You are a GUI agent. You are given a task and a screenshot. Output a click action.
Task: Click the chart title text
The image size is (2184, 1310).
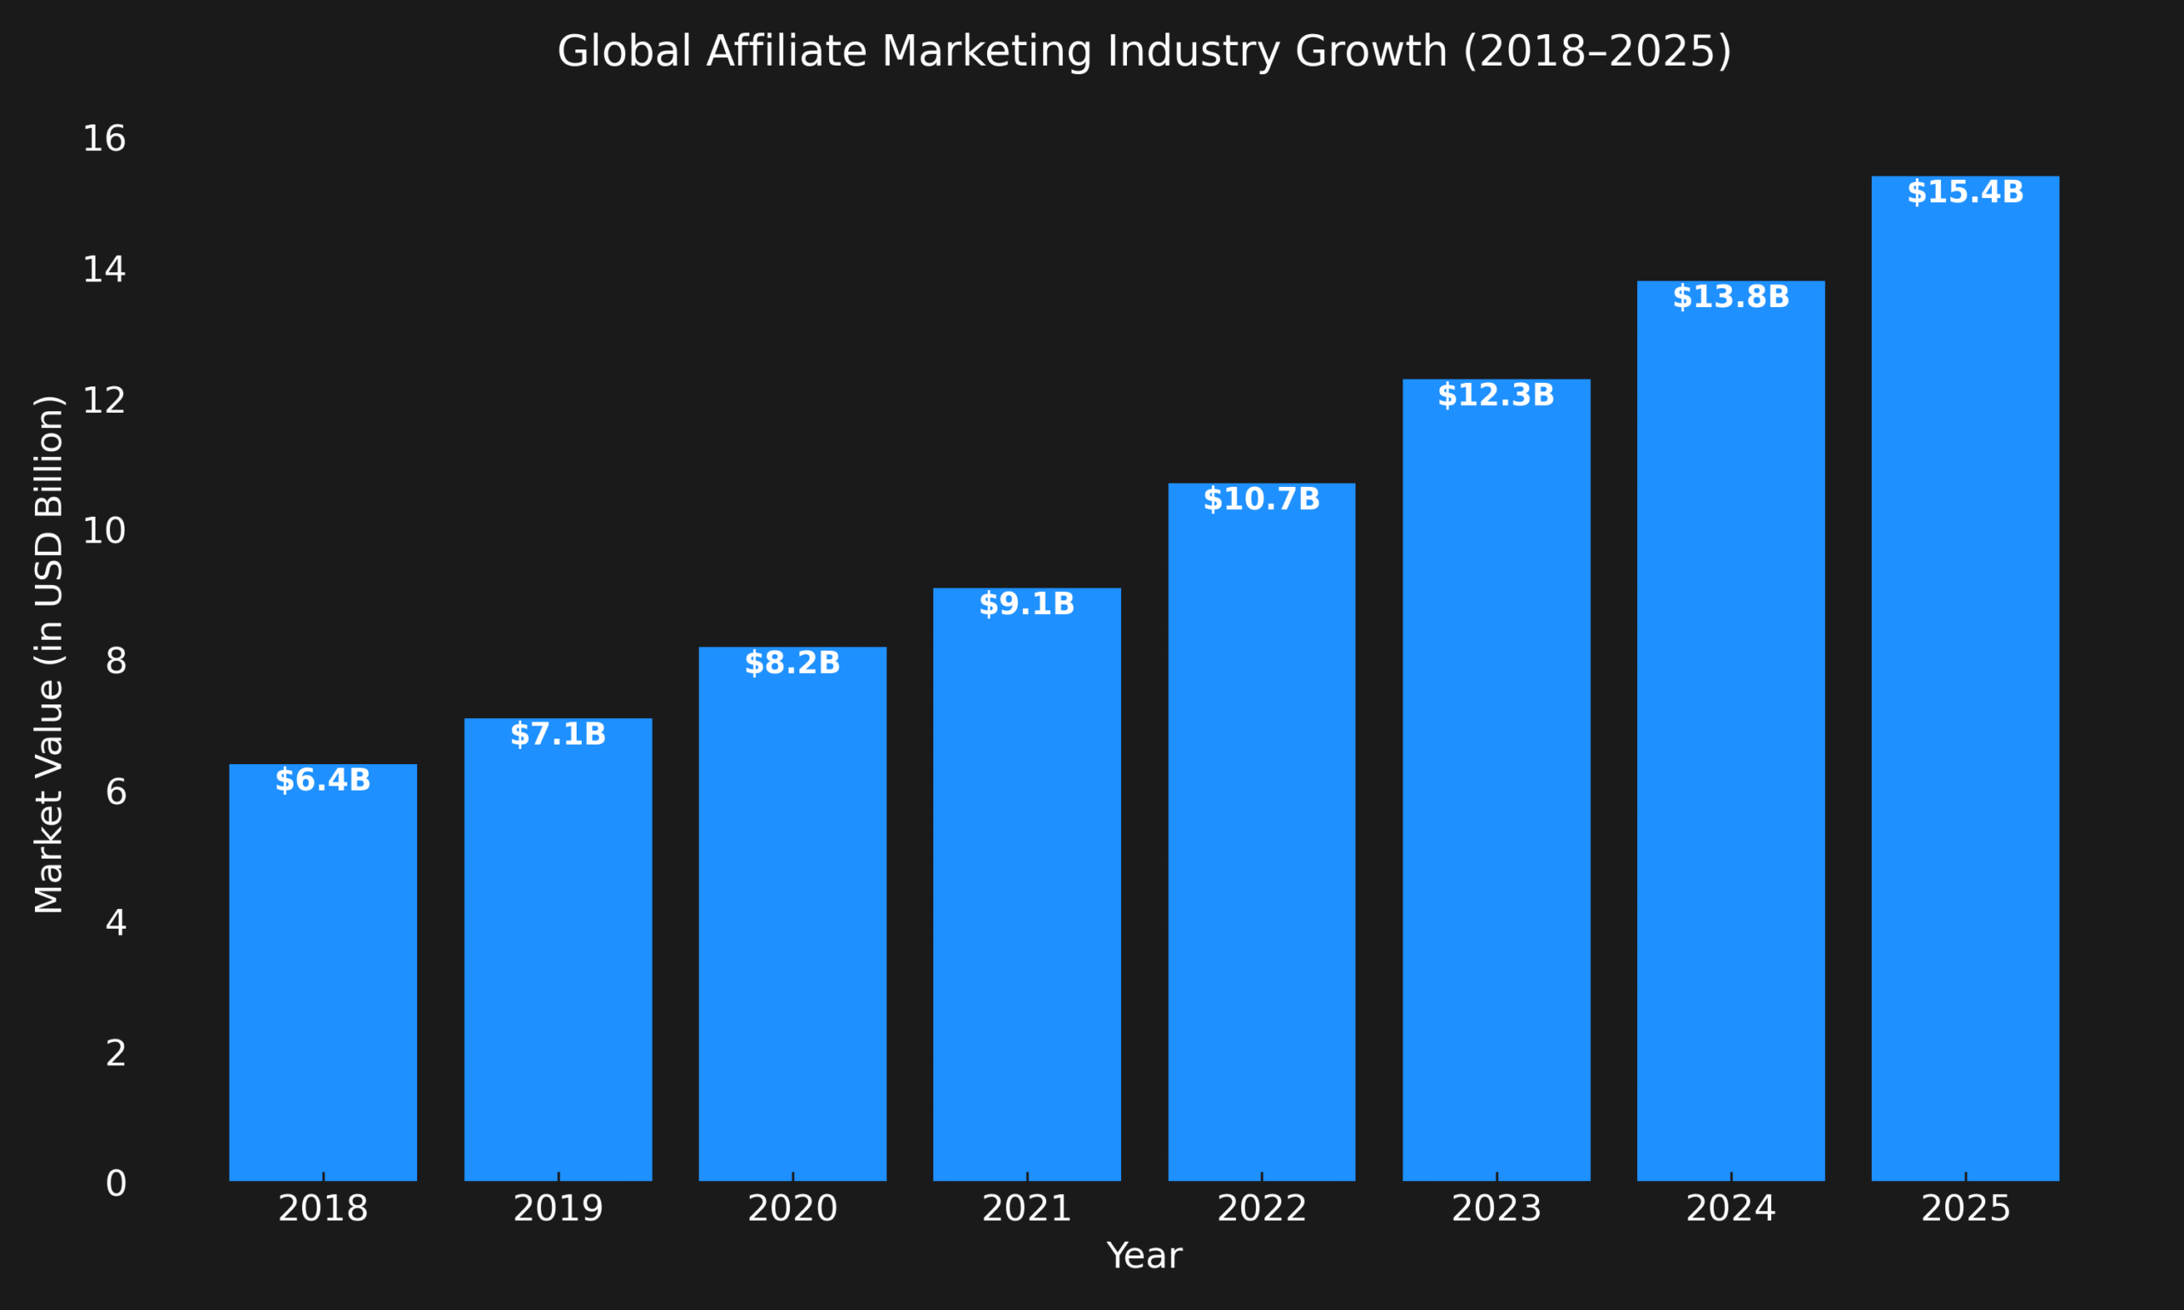(x=1144, y=51)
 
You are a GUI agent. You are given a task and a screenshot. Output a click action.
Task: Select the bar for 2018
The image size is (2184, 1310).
(x=323, y=971)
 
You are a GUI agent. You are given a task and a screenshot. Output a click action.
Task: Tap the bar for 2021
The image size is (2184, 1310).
(x=1026, y=883)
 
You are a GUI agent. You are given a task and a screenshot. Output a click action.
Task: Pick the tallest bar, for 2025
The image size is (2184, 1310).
(x=1965, y=680)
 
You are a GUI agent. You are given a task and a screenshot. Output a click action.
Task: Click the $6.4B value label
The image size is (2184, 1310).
(x=323, y=780)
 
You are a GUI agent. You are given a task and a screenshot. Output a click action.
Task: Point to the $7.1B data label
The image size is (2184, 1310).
(x=558, y=734)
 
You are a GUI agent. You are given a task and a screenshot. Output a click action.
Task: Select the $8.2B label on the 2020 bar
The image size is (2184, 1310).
(x=792, y=663)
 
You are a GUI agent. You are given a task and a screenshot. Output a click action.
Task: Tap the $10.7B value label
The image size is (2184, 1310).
(x=1262, y=500)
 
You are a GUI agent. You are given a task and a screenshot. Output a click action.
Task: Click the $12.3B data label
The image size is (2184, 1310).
(x=1496, y=396)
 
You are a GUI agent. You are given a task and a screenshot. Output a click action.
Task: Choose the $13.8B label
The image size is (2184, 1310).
(x=1731, y=298)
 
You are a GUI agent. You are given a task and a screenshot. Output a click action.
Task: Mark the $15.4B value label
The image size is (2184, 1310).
(x=1965, y=193)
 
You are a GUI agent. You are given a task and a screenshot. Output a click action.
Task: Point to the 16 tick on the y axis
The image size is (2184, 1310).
(x=104, y=139)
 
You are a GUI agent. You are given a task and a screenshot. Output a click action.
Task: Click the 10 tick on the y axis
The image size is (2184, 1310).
(x=104, y=530)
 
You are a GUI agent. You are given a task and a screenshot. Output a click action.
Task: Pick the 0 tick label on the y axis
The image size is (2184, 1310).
(x=116, y=1184)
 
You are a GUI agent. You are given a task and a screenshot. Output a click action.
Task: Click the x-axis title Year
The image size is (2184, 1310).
(x=1144, y=1256)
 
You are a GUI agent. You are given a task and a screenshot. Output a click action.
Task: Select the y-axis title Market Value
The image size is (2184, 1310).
(x=49, y=654)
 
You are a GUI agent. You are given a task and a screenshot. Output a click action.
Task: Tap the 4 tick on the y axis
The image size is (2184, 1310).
(x=116, y=923)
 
